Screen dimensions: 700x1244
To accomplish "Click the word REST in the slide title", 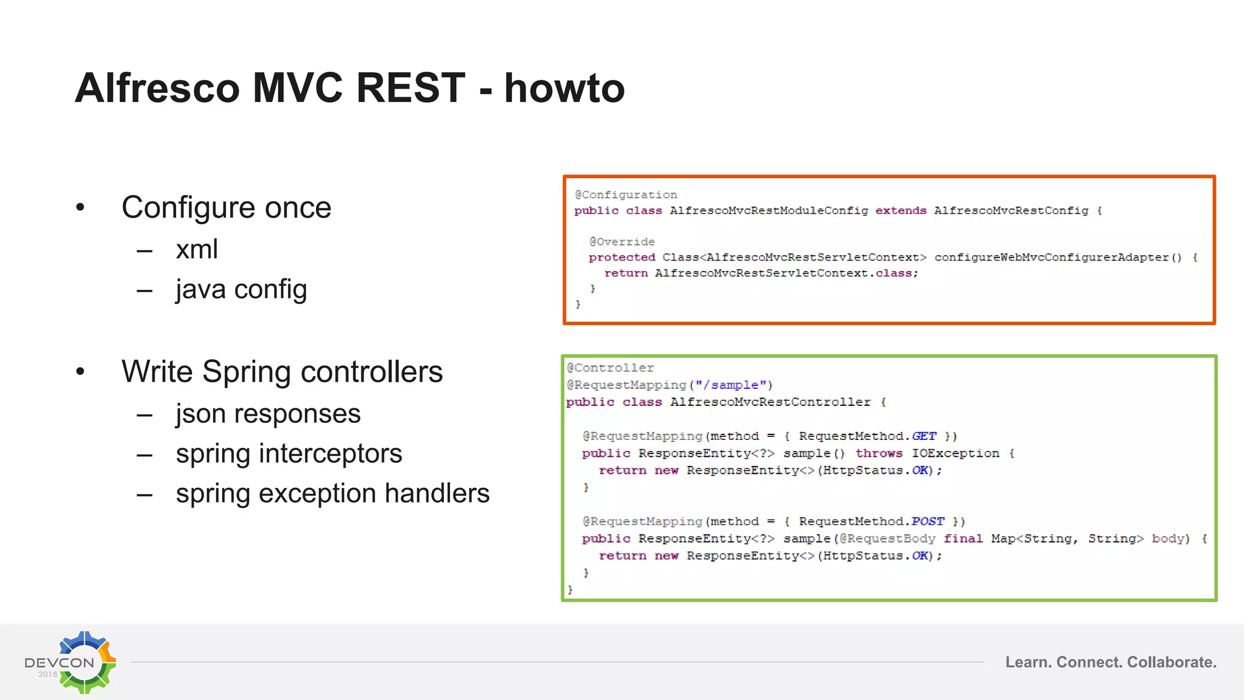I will [x=411, y=88].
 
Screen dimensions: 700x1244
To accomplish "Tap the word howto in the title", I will [x=564, y=88].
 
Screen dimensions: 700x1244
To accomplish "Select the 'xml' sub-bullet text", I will [x=197, y=249].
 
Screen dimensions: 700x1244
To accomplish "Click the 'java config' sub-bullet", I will [x=241, y=289].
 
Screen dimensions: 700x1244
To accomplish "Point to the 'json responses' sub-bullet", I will [x=268, y=414].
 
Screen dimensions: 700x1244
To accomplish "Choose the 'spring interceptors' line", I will [x=289, y=454].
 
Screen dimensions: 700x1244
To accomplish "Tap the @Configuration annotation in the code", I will [x=626, y=195].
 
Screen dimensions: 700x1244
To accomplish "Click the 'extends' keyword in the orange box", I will [x=901, y=211].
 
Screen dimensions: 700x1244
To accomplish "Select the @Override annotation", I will [x=621, y=242].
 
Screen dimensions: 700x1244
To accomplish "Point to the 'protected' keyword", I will [x=621, y=258].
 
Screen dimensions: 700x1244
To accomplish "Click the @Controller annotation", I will [x=610, y=368].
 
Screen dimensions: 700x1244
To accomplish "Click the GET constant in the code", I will [x=924, y=436].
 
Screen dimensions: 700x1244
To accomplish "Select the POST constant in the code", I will [x=928, y=521].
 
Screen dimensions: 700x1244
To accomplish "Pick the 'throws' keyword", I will [x=879, y=453].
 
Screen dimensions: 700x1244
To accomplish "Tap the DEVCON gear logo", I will [x=84, y=662].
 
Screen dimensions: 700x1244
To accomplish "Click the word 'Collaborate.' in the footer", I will [x=1172, y=662].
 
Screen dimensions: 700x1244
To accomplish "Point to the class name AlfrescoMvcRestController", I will [x=770, y=402].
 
